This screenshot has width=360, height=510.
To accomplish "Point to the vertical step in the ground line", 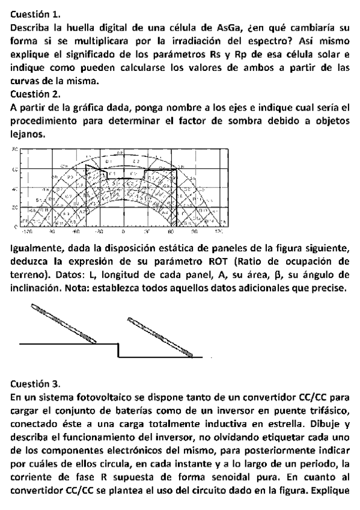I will coord(118,350).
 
